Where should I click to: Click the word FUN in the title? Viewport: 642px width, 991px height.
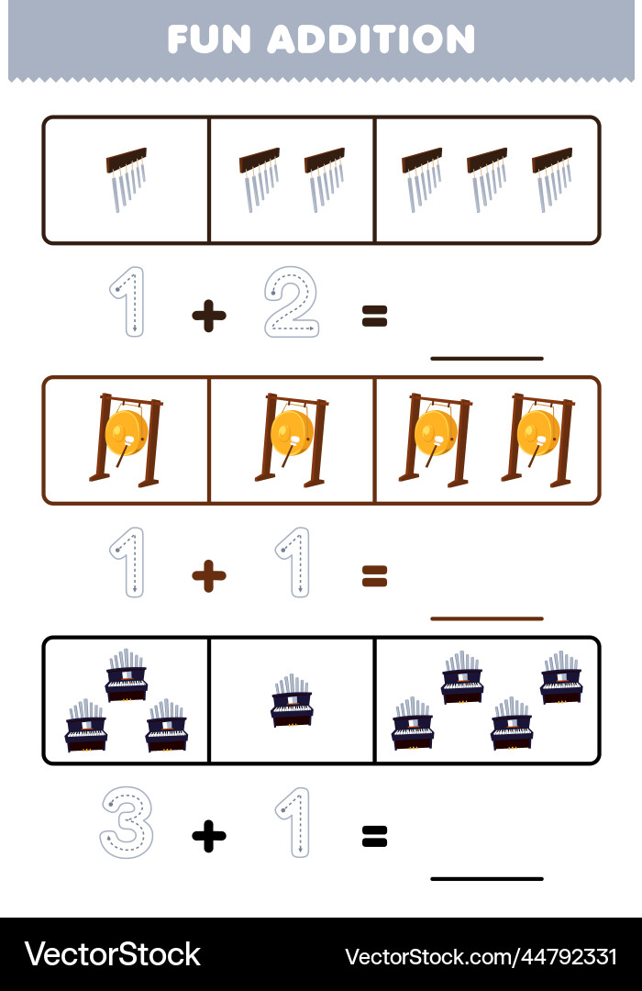(x=209, y=39)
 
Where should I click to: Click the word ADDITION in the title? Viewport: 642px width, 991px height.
(x=371, y=39)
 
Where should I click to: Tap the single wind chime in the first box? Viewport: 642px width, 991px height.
(x=127, y=179)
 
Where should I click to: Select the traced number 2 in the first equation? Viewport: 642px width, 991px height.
(x=292, y=302)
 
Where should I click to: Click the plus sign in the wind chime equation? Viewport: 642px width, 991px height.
(x=209, y=316)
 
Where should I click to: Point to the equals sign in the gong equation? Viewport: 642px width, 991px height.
(x=375, y=576)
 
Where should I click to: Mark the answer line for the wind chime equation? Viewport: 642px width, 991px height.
(x=487, y=359)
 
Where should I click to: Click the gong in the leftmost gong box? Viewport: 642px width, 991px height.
(x=127, y=440)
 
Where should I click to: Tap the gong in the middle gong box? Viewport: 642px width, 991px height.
(x=292, y=440)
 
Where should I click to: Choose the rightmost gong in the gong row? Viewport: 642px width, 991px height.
(x=538, y=440)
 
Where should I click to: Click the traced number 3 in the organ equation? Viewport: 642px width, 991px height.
(x=127, y=822)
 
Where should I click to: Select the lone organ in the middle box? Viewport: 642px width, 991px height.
(x=292, y=700)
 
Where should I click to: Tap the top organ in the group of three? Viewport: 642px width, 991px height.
(x=127, y=675)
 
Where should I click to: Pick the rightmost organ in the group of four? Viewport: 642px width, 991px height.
(x=561, y=677)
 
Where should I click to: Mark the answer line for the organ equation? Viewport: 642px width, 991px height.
(x=487, y=878)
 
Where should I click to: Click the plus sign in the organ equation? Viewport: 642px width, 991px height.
(x=209, y=836)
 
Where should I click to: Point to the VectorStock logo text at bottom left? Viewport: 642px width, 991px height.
(x=113, y=954)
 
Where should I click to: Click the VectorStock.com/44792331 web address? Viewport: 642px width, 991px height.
(x=481, y=956)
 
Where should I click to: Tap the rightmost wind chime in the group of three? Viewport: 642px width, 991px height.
(x=552, y=179)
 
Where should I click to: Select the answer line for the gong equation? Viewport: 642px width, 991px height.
(x=487, y=618)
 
